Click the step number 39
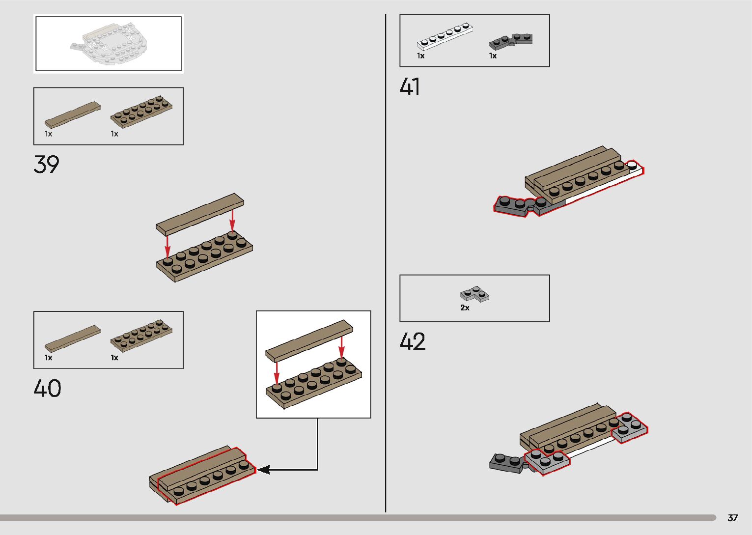coord(46,164)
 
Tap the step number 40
coord(47,388)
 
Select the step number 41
coord(410,87)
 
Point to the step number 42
coord(412,341)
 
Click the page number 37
coord(732,518)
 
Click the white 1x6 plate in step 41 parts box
coord(445,37)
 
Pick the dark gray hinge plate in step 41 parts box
coord(511,41)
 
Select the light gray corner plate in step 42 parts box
coord(474,294)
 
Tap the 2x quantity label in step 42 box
coord(465,308)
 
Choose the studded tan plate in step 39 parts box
coord(141,111)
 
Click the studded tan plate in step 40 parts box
coord(141,335)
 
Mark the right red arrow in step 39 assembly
coord(232,219)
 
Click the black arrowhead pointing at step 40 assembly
coord(263,470)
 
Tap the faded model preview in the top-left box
coord(108,44)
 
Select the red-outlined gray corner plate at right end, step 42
coord(629,427)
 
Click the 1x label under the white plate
coord(420,56)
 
